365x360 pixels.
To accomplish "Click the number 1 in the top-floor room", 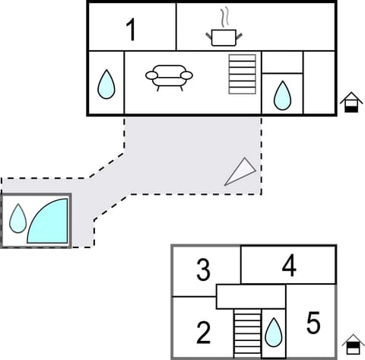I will [x=131, y=30].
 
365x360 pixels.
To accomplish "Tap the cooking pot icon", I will [x=222, y=36].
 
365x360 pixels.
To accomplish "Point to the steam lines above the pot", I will [x=223, y=17].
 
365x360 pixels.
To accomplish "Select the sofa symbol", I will [x=169, y=75].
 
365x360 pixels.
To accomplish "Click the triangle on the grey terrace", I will [x=240, y=172].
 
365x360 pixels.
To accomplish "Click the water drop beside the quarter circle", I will [x=17, y=218].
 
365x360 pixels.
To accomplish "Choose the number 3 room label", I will [x=203, y=269].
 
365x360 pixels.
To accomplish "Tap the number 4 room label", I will [x=288, y=266].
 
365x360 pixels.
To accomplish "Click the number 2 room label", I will [x=203, y=333].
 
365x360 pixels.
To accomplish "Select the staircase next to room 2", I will [x=247, y=333].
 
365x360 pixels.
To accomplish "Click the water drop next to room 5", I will [x=274, y=332].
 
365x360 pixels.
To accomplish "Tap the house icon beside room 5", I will [x=351, y=344].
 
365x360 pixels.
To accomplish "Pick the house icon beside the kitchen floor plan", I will [x=351, y=101].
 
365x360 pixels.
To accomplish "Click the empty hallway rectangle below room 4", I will [x=251, y=295].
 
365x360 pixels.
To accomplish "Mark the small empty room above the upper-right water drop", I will [x=282, y=62].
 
